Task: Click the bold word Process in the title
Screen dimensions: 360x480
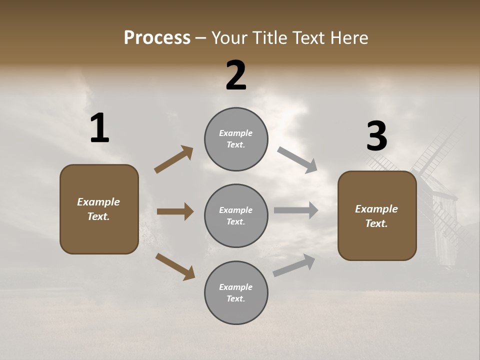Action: [x=157, y=38]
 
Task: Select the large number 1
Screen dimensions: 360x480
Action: [x=99, y=128]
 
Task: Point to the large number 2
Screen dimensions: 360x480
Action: [x=236, y=75]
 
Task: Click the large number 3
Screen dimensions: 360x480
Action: [x=376, y=136]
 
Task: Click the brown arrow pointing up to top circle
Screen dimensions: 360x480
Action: [x=174, y=159]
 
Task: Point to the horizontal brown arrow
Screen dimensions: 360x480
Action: [x=175, y=211]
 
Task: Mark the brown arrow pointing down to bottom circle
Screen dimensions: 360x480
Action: [x=175, y=266]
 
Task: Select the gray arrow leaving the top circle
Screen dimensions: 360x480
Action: [x=297, y=159]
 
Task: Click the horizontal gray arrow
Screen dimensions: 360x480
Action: [x=296, y=210]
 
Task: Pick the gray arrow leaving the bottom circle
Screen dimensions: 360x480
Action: [x=294, y=265]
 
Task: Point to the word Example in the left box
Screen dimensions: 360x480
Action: [x=98, y=202]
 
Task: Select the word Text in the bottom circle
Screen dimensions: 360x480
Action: [x=235, y=299]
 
